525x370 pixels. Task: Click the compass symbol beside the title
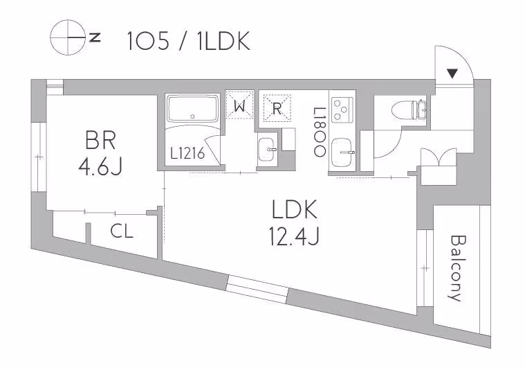pos(67,39)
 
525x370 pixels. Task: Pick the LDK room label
pos(294,209)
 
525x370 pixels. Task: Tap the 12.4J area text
pos(294,238)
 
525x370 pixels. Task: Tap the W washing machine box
pos(239,106)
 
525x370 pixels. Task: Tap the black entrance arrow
pos(451,73)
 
